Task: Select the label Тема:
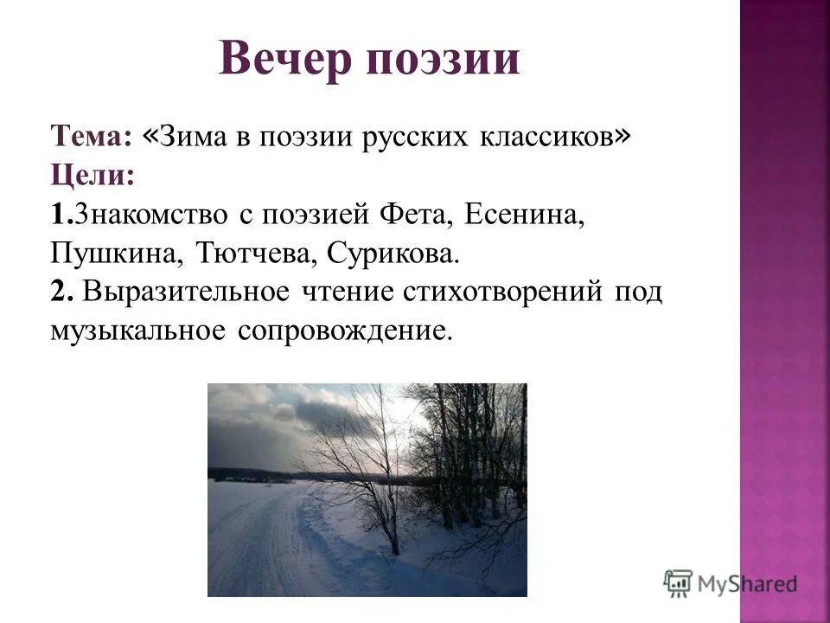[91, 136]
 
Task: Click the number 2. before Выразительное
[61, 292]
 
